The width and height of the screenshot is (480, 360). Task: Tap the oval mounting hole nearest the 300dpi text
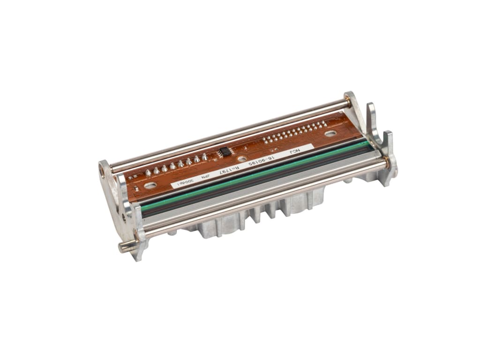pos(150,185)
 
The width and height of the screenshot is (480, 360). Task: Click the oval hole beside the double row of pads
pos(330,134)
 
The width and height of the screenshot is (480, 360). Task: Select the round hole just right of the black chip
pos(242,159)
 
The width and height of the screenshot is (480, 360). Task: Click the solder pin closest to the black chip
pos(204,156)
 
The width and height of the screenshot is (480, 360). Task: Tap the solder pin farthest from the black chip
pos(148,172)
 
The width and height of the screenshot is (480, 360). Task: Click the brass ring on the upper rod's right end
pos(347,101)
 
